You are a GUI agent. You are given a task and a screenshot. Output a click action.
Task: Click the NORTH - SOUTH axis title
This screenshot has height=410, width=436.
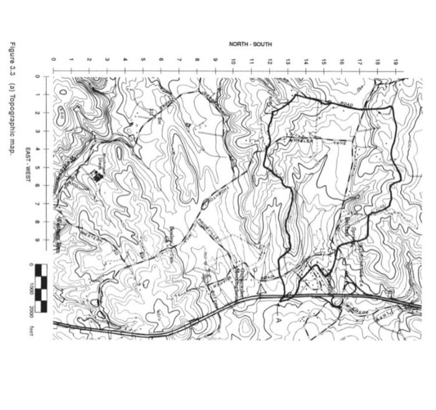pos(250,44)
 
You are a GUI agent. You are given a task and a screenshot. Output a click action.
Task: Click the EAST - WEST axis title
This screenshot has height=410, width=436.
pos(29,159)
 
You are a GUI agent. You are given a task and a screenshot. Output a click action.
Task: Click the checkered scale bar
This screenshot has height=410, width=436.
pos(41,288)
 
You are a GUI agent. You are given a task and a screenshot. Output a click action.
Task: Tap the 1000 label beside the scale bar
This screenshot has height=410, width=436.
pos(30,289)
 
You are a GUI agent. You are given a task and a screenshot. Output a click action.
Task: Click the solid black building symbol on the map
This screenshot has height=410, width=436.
pos(97,176)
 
